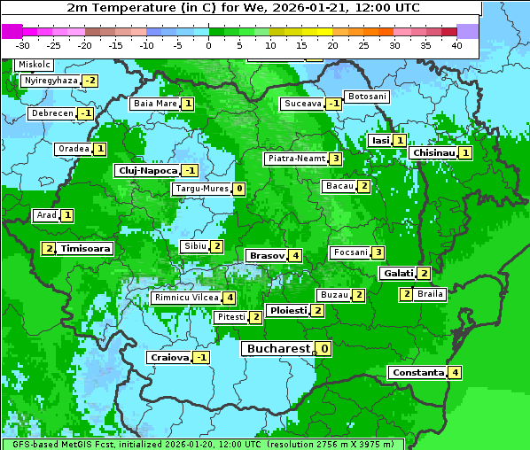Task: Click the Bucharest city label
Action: pyautogui.click(x=278, y=349)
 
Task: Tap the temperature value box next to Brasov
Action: pyautogui.click(x=295, y=255)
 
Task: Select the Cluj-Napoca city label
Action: pyautogui.click(x=146, y=170)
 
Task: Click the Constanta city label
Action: pyautogui.click(x=417, y=372)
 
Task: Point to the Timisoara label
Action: pyautogui.click(x=86, y=249)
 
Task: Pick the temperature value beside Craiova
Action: pyautogui.click(x=202, y=357)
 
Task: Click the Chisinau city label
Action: pyautogui.click(x=433, y=152)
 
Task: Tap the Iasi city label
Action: pyautogui.click(x=380, y=140)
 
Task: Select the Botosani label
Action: pyautogui.click(x=366, y=96)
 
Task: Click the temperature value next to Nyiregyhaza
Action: pyautogui.click(x=90, y=81)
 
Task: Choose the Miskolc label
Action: pyautogui.click(x=35, y=65)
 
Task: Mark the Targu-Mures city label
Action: pyautogui.click(x=200, y=189)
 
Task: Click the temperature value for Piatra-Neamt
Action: pyautogui.click(x=335, y=159)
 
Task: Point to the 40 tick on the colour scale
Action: pyautogui.click(x=456, y=44)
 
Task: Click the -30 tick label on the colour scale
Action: pyautogui.click(x=24, y=44)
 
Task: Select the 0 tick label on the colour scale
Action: pyautogui.click(x=209, y=44)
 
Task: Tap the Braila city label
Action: pyautogui.click(x=430, y=294)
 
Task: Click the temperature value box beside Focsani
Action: pyautogui.click(x=378, y=252)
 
